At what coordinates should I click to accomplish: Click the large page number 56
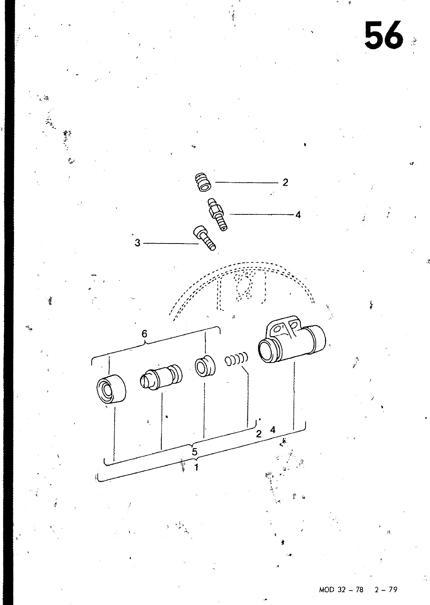coord(383,36)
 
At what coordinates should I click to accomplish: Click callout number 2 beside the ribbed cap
coord(286,183)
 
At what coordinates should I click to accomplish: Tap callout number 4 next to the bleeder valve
coord(298,215)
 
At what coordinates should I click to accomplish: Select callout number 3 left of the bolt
coord(138,243)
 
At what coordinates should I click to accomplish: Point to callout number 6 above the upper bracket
coord(144,334)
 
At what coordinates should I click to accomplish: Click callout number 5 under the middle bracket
coord(195,451)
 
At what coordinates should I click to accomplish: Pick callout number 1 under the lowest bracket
coord(197,467)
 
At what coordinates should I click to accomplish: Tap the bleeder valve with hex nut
coord(218,214)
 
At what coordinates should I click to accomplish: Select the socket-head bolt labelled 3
coord(205,238)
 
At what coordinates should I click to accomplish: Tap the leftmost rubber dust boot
coord(111,389)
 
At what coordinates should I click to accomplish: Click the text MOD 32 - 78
coord(341,589)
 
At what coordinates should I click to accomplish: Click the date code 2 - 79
coord(386,589)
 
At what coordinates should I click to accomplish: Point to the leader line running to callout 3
coord(171,244)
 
